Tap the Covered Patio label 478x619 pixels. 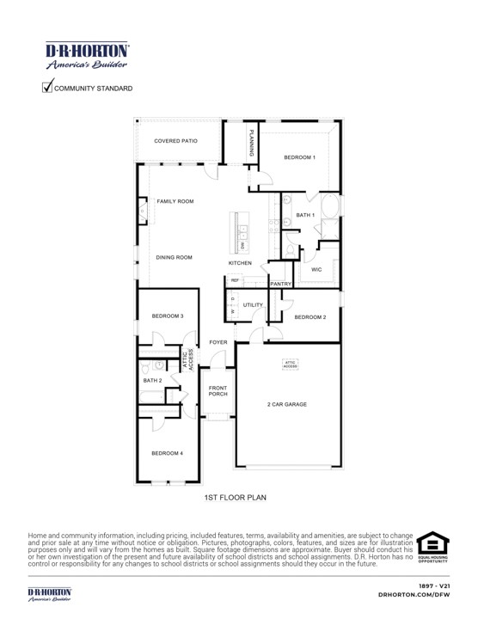pos(175,140)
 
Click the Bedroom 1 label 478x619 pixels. pos(301,157)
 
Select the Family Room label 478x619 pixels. pos(175,201)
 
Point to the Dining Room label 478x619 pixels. pos(174,257)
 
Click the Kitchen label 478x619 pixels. pos(240,262)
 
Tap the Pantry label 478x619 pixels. pos(281,284)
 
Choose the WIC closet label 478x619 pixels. pos(316,269)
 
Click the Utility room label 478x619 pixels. pos(252,305)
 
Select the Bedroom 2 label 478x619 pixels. pos(309,317)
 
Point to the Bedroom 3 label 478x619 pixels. pos(168,316)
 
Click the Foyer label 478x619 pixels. pos(218,342)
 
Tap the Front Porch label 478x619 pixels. pos(218,390)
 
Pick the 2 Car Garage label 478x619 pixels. pos(288,404)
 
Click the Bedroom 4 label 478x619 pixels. pos(168,452)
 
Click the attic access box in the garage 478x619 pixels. pos(290,365)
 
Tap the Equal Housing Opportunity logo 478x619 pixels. pos(432,548)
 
